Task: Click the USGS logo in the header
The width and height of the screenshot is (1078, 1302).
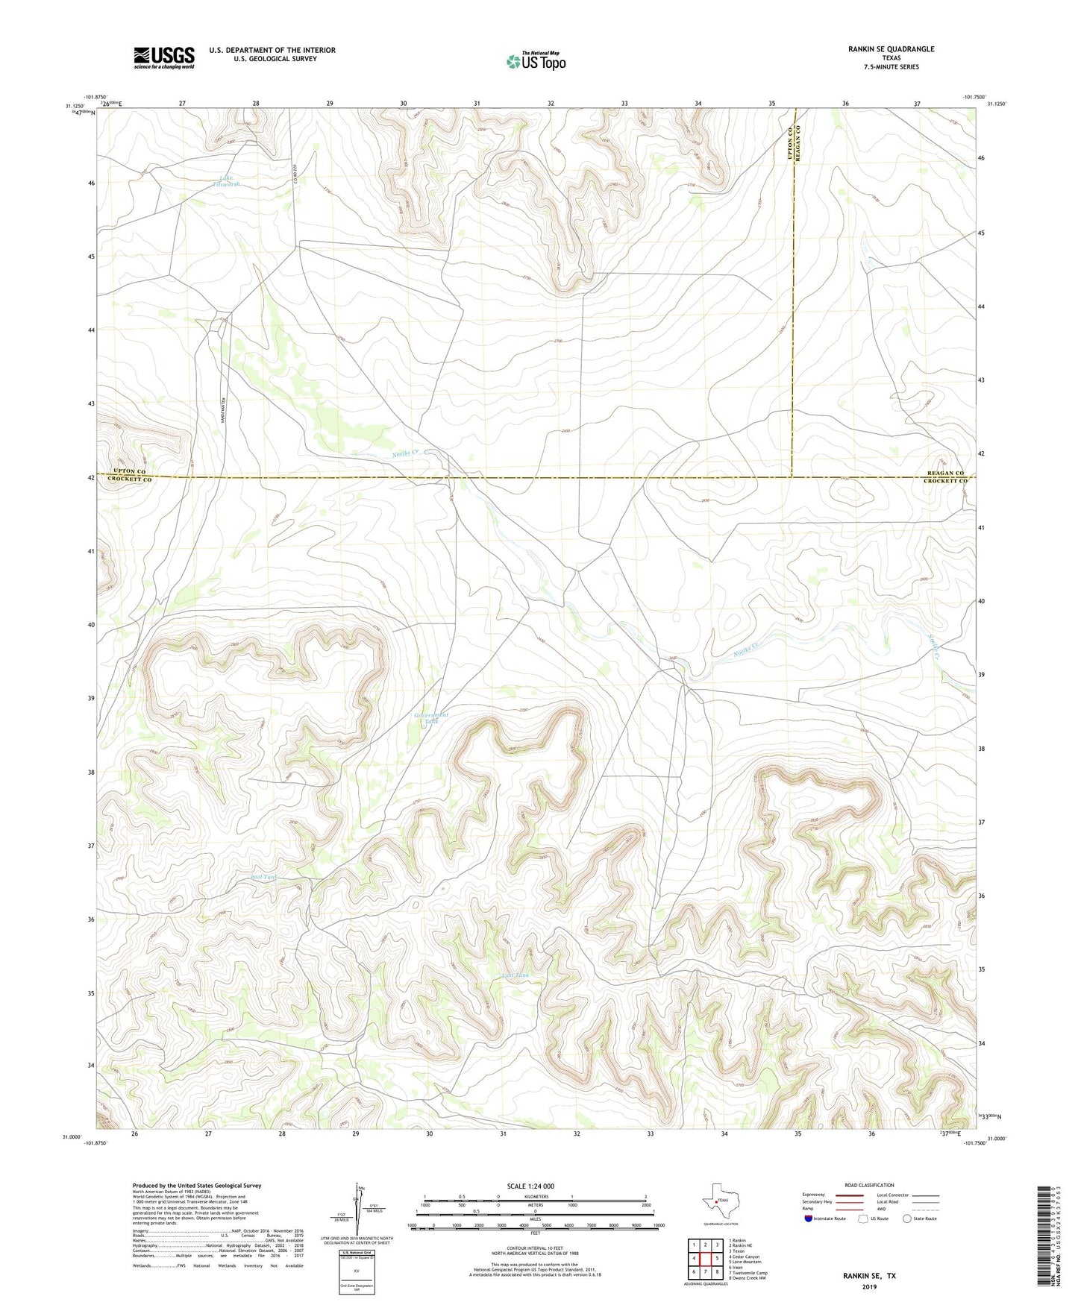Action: (x=164, y=57)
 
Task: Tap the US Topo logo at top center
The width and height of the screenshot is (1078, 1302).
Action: (x=536, y=61)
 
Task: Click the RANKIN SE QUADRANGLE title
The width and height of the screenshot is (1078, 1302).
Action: (x=891, y=49)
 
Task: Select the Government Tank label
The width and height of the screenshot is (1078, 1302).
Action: (x=431, y=718)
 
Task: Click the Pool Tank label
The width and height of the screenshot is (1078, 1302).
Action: (x=264, y=878)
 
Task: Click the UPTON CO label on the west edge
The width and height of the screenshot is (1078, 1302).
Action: (x=130, y=471)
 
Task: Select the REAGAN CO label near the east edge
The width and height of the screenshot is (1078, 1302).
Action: (x=946, y=473)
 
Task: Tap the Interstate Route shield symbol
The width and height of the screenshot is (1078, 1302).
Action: (x=809, y=1218)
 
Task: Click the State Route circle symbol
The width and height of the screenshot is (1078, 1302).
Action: (x=907, y=1218)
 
